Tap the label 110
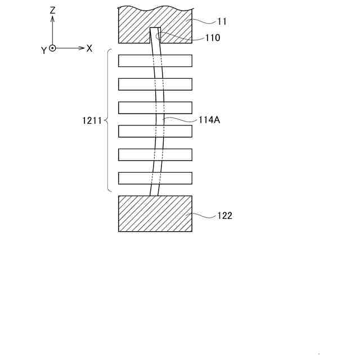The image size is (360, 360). (213, 38)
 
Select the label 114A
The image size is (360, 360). (209, 120)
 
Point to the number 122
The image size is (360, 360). (224, 215)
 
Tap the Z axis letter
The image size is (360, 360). (52, 10)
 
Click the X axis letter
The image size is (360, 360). (89, 48)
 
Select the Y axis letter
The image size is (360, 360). (43, 51)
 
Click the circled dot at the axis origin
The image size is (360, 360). (52, 48)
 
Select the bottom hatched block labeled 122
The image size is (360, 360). (155, 214)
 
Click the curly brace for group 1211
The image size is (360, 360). (107, 120)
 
